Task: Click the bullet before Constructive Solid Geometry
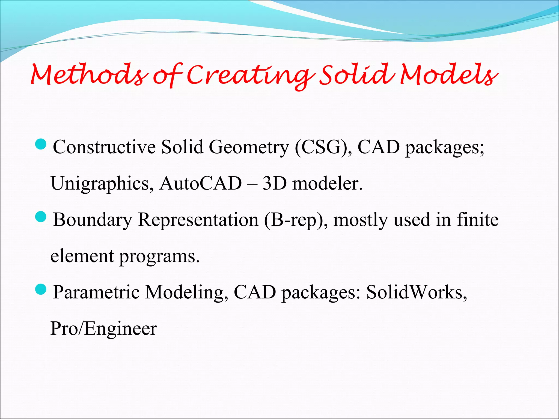click(x=41, y=144)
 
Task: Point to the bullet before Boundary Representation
click(x=41, y=217)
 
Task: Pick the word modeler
click(x=327, y=184)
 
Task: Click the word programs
click(x=159, y=256)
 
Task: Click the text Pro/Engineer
click(x=104, y=328)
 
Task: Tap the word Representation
click(x=198, y=220)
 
